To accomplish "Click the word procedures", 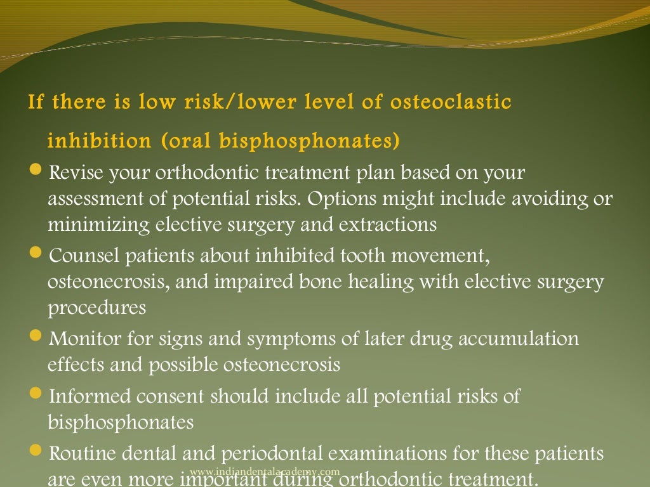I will [x=96, y=308].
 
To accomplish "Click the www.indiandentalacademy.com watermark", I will [x=265, y=471].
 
